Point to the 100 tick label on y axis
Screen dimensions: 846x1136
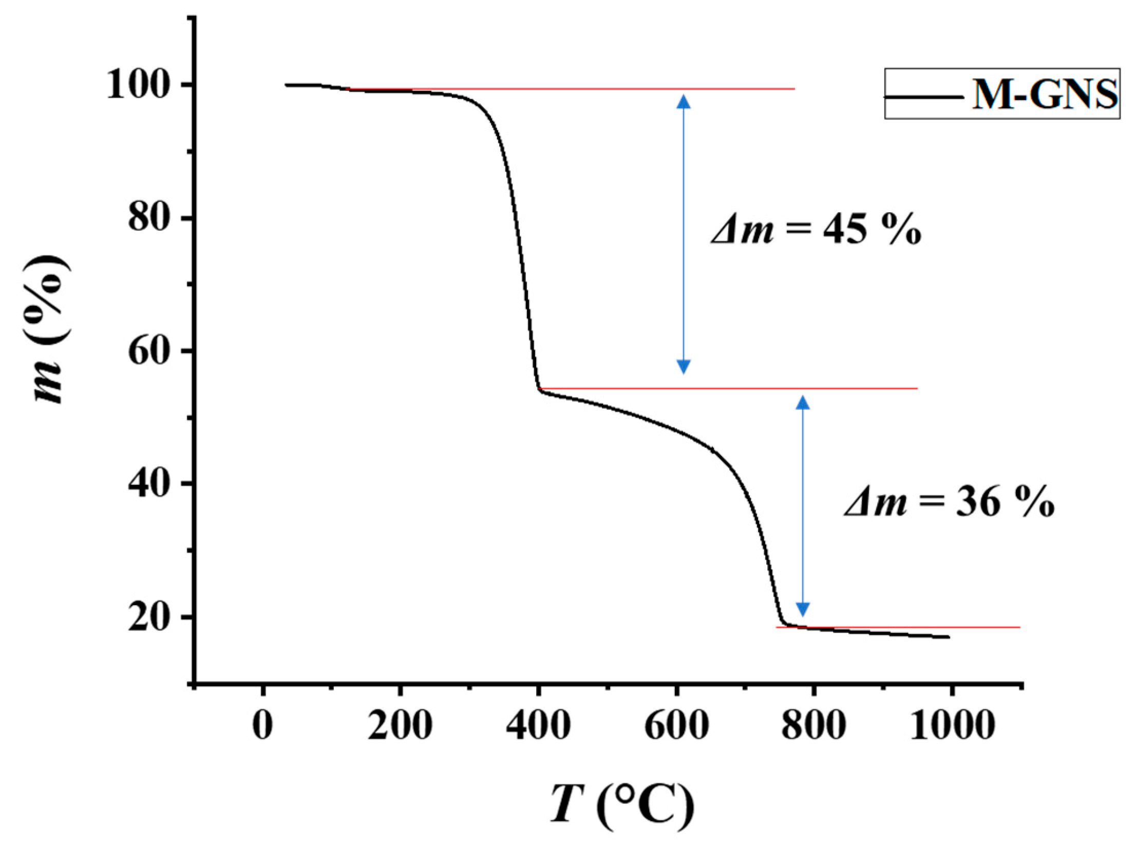pyautogui.click(x=137, y=86)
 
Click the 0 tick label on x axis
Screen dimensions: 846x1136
pyautogui.click(x=262, y=726)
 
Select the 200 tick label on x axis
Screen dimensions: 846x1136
pyautogui.click(x=400, y=726)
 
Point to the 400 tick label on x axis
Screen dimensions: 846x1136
pyautogui.click(x=538, y=726)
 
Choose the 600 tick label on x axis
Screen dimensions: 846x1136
pyautogui.click(x=676, y=726)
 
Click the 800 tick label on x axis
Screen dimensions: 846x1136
pyautogui.click(x=814, y=726)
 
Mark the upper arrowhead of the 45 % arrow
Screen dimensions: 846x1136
pyautogui.click(x=683, y=101)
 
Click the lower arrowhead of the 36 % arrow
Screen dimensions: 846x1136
pyautogui.click(x=803, y=609)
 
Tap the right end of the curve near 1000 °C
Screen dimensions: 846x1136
pyautogui.click(x=948, y=637)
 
